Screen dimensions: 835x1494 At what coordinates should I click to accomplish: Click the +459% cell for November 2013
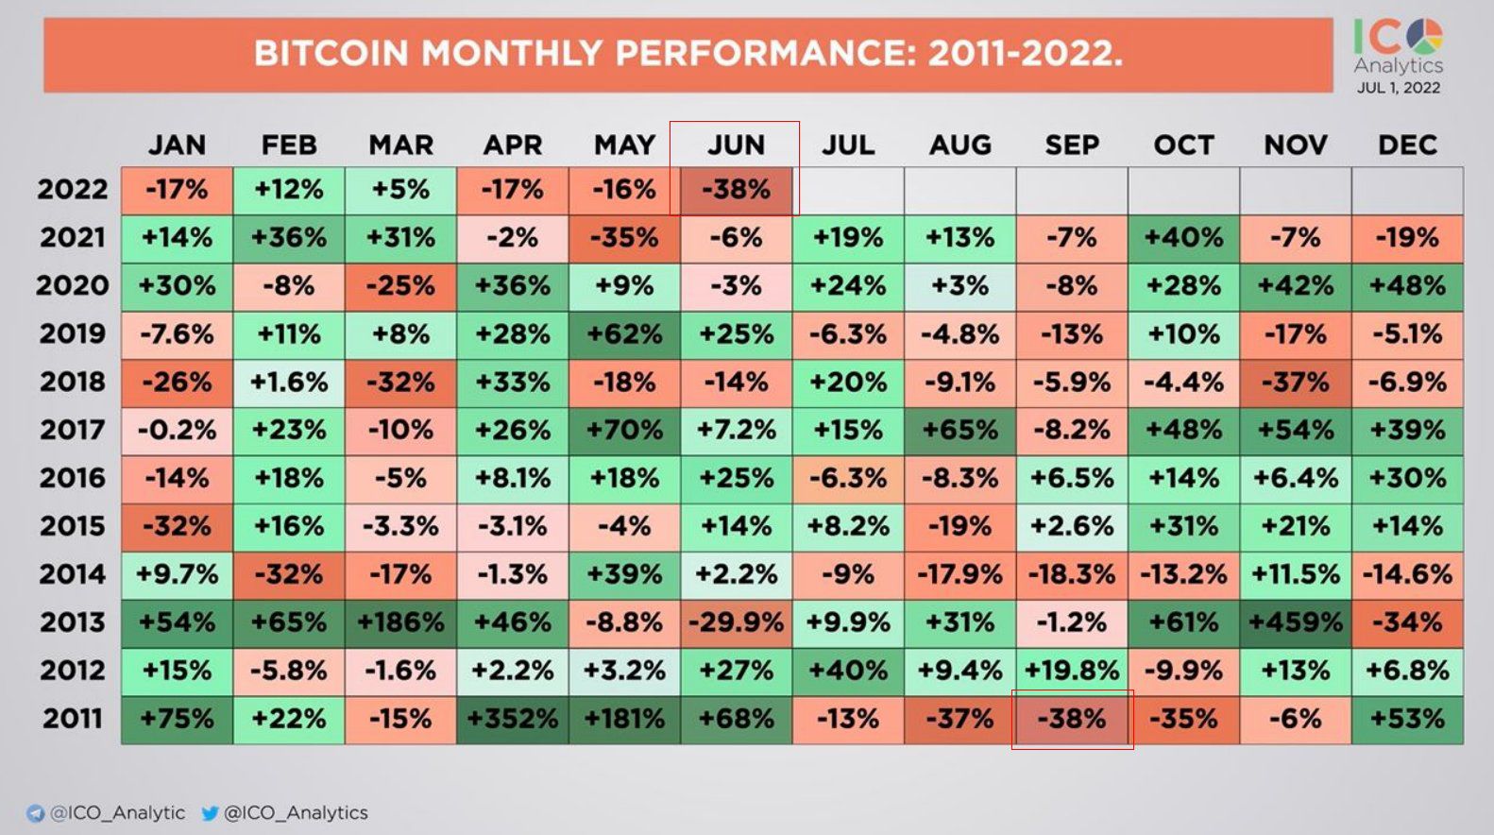pyautogui.click(x=1296, y=622)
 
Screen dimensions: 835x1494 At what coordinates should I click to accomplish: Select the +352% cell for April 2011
pyautogui.click(x=512, y=719)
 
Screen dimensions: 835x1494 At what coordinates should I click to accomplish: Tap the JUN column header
pyautogui.click(x=736, y=145)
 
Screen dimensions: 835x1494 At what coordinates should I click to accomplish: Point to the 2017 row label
pyautogui.click(x=73, y=430)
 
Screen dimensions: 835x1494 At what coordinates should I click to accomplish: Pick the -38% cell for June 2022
pyautogui.click(x=736, y=190)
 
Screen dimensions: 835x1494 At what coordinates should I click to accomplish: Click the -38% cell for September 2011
pyautogui.click(x=1072, y=719)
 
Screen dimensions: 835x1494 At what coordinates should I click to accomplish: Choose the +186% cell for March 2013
pyautogui.click(x=400, y=622)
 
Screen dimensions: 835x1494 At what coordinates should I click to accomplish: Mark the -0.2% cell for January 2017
pyautogui.click(x=177, y=430)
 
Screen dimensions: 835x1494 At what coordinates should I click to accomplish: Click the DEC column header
pyautogui.click(x=1407, y=145)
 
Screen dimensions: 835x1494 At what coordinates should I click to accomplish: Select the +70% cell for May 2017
pyautogui.click(x=624, y=430)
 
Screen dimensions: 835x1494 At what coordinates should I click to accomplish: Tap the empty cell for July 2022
pyautogui.click(x=848, y=190)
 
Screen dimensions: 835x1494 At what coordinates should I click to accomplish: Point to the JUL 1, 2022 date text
pyautogui.click(x=1399, y=88)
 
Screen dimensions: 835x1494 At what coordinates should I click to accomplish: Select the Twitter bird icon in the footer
pyautogui.click(x=211, y=812)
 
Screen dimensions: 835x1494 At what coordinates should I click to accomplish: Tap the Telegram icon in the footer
pyautogui.click(x=36, y=813)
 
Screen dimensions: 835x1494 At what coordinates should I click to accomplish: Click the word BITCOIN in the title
pyautogui.click(x=332, y=53)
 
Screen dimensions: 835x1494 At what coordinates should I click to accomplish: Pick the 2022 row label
pyautogui.click(x=73, y=190)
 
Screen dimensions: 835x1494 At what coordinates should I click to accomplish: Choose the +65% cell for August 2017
pyautogui.click(x=959, y=430)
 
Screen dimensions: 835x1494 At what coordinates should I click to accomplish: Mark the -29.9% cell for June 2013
pyautogui.click(x=736, y=622)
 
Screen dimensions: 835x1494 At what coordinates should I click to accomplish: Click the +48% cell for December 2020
pyautogui.click(x=1407, y=285)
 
